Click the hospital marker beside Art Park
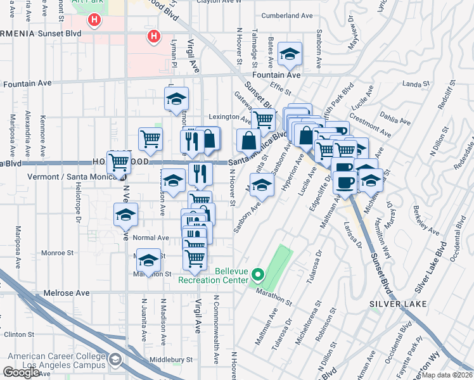pyautogui.click(x=94, y=21)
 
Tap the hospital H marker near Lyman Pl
pyautogui.click(x=153, y=37)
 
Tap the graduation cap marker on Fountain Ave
pyautogui.click(x=290, y=54)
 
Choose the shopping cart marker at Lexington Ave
pyautogui.click(x=263, y=118)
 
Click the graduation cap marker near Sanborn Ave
pyautogui.click(x=260, y=184)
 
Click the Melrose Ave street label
pyautogui.click(x=67, y=293)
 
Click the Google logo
pyautogui.click(x=21, y=372)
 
